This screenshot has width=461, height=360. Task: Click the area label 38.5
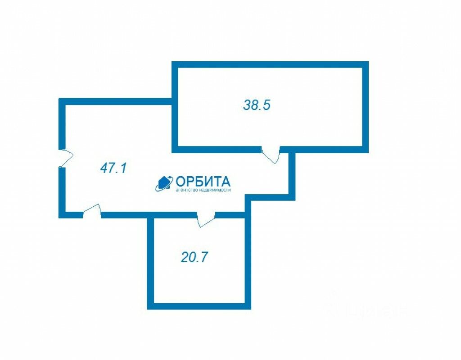point(257,105)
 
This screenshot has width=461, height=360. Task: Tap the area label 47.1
point(113,169)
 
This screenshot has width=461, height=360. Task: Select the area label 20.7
point(194,257)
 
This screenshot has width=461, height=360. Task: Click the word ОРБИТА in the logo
point(203,182)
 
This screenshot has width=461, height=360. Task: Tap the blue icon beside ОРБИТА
point(164,182)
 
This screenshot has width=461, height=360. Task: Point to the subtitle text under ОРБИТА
point(203,191)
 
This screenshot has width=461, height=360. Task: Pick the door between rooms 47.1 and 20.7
point(206,219)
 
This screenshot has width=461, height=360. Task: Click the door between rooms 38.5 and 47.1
point(271,154)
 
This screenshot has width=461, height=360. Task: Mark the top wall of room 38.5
point(270,64)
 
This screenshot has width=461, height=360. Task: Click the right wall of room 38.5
point(366,106)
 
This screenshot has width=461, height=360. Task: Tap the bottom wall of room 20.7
point(199,306)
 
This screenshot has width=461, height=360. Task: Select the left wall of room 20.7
point(151,261)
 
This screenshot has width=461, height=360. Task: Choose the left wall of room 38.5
point(175,106)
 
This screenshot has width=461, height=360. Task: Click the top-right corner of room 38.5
point(366,64)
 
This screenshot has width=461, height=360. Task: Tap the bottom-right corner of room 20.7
point(248,306)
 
